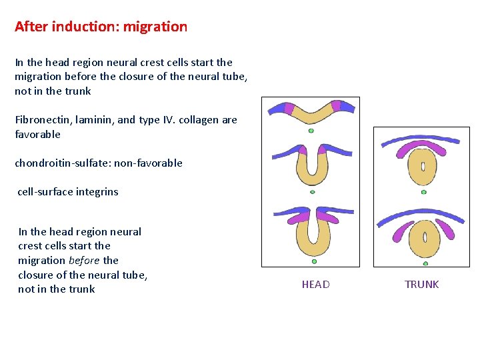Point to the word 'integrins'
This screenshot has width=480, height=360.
[x=97, y=192]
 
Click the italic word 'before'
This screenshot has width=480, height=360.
[x=84, y=261]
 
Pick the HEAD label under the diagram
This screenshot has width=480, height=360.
[x=315, y=285]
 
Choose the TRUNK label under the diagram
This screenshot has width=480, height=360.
[x=421, y=285]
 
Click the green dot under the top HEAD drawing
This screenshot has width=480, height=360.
[x=311, y=131]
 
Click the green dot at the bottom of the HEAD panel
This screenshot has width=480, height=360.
[x=314, y=261]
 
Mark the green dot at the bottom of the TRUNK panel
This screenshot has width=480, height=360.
[x=424, y=262]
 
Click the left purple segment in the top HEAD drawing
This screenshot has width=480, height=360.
[x=289, y=107]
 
